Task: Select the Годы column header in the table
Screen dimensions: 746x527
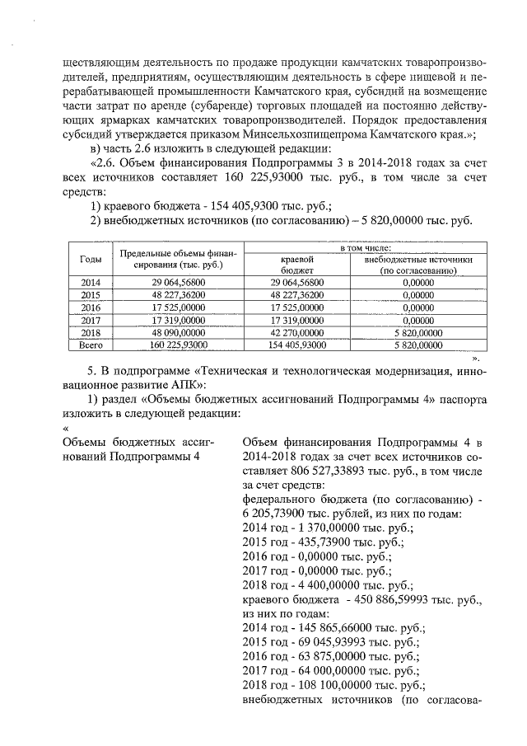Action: [x=91, y=259]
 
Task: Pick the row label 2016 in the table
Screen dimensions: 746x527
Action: [x=91, y=307]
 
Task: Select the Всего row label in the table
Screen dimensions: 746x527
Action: [x=91, y=345]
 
